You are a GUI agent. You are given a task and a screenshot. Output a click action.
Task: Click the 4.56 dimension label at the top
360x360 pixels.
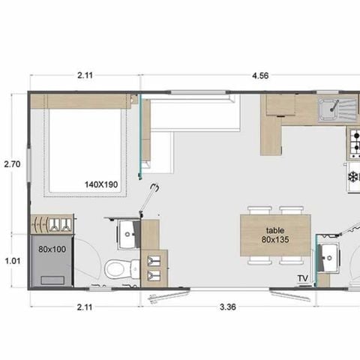point(260,76)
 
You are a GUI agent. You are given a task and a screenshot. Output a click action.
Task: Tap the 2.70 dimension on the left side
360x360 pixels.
point(12,164)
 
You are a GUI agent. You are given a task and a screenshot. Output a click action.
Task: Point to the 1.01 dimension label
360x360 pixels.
point(13,261)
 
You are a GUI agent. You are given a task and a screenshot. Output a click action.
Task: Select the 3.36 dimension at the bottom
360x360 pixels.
point(228,307)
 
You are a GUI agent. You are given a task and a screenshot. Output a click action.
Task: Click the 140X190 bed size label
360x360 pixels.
point(101,184)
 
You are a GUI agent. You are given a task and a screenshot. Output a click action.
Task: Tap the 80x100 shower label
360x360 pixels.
point(52,249)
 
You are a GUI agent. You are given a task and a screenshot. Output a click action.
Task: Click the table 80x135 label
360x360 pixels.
point(275,235)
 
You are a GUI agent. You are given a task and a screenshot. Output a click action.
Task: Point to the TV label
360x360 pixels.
point(303,278)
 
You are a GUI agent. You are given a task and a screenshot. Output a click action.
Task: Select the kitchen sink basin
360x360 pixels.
point(329,108)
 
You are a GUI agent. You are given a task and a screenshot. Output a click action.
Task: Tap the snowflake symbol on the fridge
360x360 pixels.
point(353,177)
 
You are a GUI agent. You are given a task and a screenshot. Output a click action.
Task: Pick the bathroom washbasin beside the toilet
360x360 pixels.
point(128,235)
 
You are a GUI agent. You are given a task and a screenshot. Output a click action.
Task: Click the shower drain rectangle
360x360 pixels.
point(52,280)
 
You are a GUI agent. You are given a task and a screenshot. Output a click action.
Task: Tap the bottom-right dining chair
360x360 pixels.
point(292,260)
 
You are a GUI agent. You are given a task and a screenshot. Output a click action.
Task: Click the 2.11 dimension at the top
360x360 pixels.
point(85,75)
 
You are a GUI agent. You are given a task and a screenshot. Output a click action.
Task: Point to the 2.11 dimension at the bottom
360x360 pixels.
point(85,307)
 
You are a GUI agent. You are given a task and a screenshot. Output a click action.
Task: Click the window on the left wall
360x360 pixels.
point(29,165)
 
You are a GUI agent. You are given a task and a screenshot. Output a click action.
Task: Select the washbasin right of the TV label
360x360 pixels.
point(329,258)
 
